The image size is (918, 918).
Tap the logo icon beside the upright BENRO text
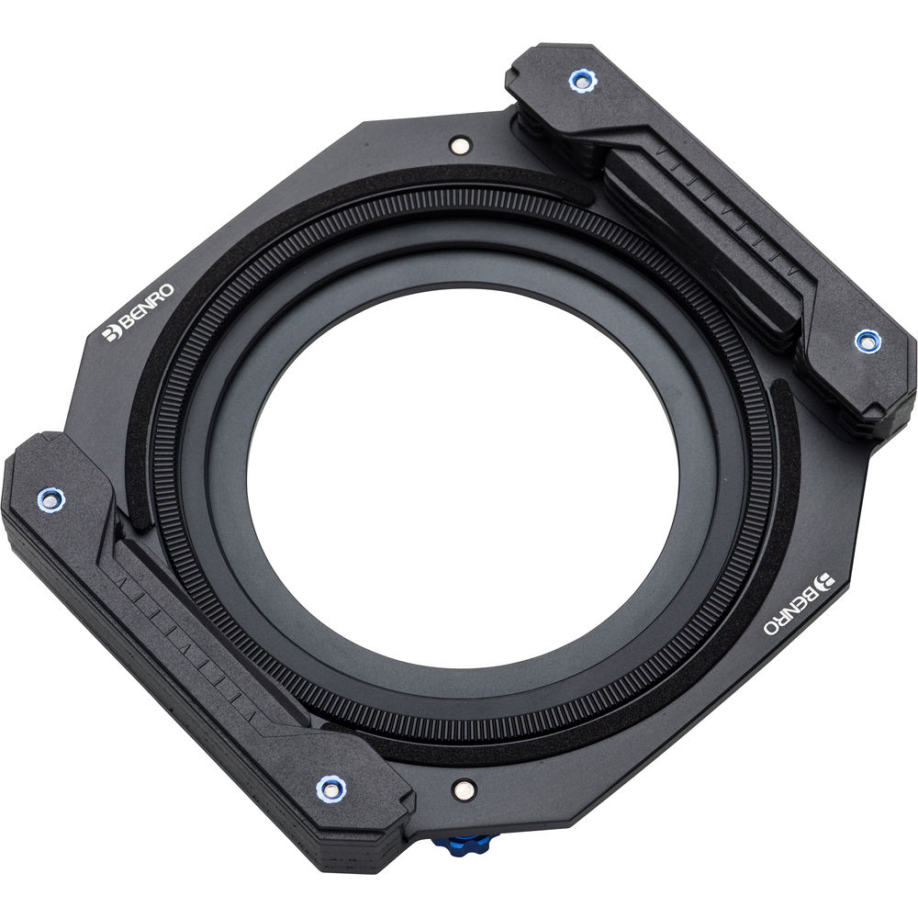[110, 332]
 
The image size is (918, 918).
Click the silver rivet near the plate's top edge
[460, 146]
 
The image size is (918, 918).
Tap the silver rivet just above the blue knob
[465, 790]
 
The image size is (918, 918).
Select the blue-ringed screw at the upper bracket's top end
[581, 81]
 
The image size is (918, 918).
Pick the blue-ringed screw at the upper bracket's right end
[867, 341]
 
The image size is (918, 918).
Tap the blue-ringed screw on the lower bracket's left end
[50, 499]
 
